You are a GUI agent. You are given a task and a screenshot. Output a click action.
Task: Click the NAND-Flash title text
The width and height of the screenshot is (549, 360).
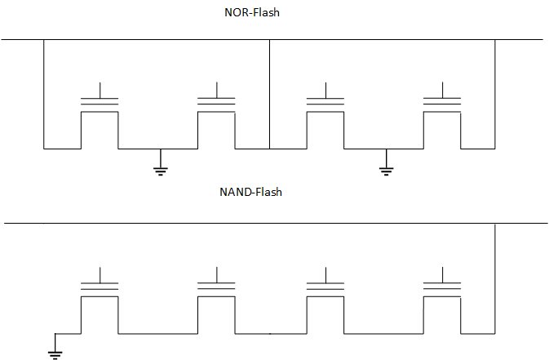pos(250,193)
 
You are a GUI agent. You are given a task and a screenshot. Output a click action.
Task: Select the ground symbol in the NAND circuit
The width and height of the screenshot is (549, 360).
pos(55,352)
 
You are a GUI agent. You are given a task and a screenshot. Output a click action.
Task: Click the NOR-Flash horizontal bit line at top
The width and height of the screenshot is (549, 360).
pos(367,39)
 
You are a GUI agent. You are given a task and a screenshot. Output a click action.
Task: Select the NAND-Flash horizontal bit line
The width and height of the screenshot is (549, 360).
pos(245,223)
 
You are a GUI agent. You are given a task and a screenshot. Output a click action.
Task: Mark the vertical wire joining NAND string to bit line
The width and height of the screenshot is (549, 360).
pos(495,278)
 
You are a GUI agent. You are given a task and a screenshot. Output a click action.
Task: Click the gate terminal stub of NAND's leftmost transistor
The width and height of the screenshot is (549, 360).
pos(100,273)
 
